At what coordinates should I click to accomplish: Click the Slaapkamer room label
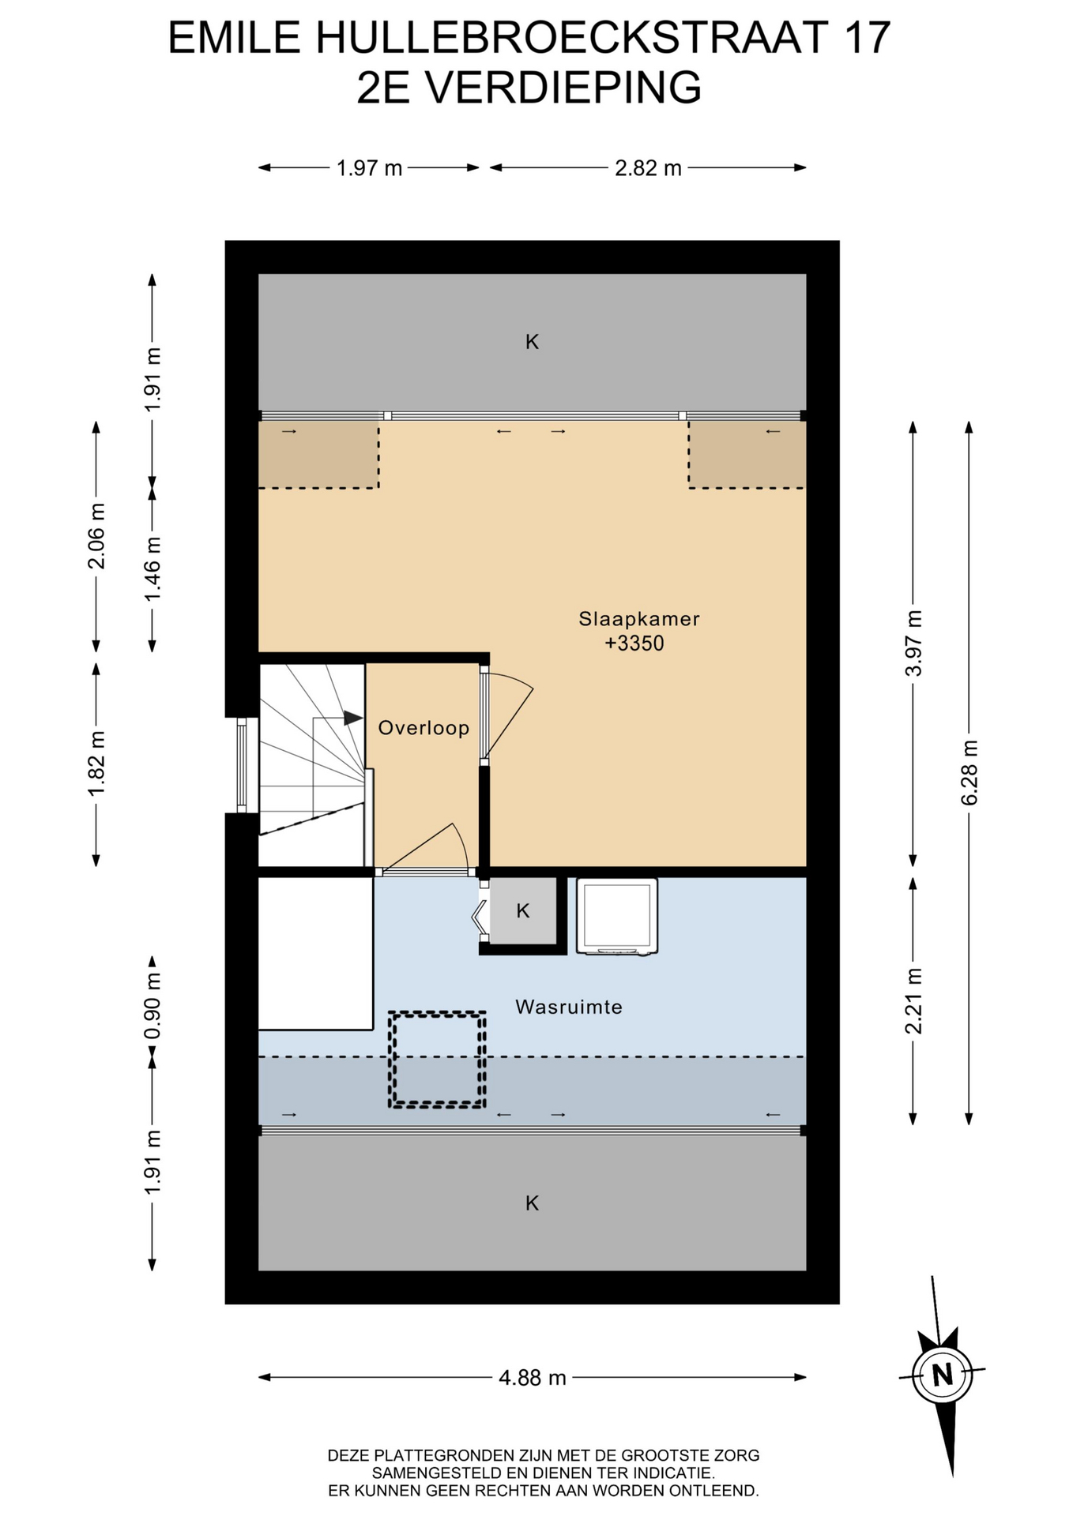(639, 619)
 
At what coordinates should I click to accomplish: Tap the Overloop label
(424, 728)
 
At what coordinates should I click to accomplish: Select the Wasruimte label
(569, 1007)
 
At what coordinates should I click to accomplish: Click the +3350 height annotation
(634, 644)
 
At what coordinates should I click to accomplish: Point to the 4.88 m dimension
(533, 1378)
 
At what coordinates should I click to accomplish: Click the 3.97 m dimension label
(913, 644)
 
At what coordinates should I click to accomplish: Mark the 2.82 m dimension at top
(648, 168)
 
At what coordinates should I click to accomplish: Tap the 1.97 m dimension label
(369, 168)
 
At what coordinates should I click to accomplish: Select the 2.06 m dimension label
(96, 536)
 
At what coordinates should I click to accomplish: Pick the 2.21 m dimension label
(913, 1000)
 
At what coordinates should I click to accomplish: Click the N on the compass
(942, 1375)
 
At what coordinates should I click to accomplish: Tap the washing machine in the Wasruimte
(617, 916)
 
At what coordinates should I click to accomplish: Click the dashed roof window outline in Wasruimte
(436, 1060)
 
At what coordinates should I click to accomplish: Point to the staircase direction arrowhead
(353, 718)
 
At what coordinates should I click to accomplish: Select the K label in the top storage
(533, 342)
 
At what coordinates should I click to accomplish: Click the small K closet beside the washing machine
(523, 911)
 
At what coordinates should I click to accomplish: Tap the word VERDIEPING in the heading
(563, 88)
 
